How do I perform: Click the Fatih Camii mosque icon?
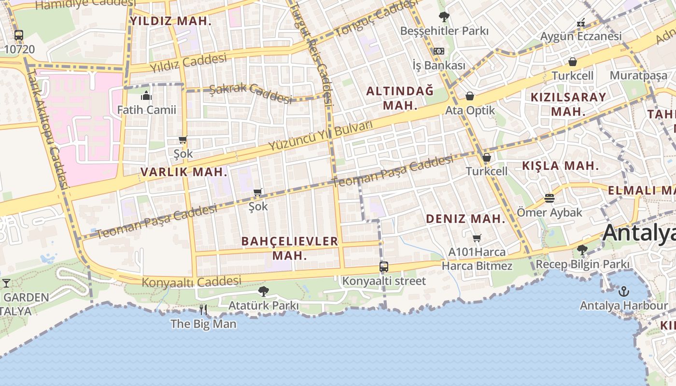click(x=146, y=96)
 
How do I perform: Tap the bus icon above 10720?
click(x=19, y=35)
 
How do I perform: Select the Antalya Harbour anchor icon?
click(x=624, y=291)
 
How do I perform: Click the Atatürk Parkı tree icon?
click(x=263, y=291)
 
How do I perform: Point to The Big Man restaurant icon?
click(x=203, y=309)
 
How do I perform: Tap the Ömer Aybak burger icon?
click(x=549, y=198)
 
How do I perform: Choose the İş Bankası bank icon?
click(x=438, y=51)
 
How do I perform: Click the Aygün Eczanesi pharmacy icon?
click(x=581, y=23)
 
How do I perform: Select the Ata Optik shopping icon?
click(x=469, y=96)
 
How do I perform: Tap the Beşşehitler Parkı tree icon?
click(x=444, y=17)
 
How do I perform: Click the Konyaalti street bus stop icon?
click(x=384, y=267)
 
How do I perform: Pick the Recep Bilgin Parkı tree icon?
click(x=582, y=250)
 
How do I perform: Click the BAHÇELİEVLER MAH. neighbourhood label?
click(x=289, y=248)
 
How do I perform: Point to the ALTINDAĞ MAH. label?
click(x=400, y=98)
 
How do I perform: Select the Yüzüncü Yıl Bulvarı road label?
click(x=321, y=136)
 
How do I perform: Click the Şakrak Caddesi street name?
click(x=251, y=93)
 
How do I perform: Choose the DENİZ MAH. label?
click(x=465, y=219)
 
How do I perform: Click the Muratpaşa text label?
click(x=638, y=75)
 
